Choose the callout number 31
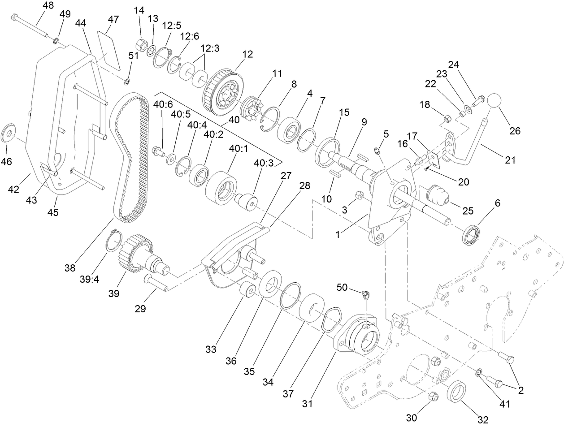coord(307,404)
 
